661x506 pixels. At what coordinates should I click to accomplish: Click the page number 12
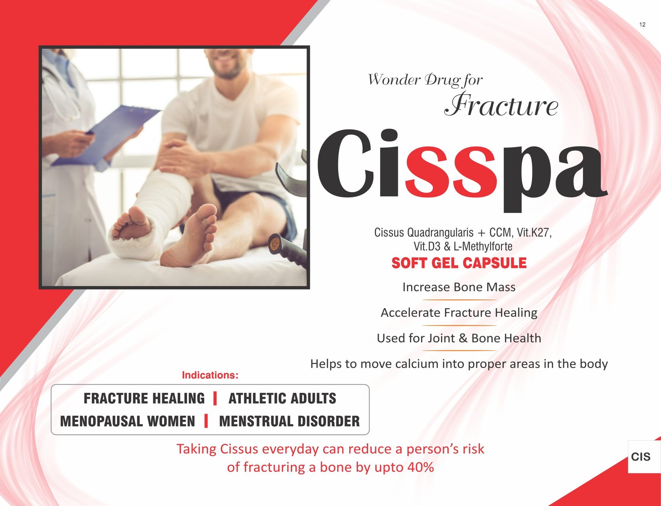pyautogui.click(x=642, y=25)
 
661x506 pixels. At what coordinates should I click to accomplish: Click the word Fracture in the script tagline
pyautogui.click(x=501, y=105)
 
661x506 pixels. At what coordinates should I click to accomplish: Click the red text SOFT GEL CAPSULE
pyautogui.click(x=459, y=263)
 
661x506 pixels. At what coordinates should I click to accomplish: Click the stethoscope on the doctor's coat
pyautogui.click(x=61, y=91)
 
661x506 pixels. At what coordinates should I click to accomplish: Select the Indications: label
pyautogui.click(x=210, y=375)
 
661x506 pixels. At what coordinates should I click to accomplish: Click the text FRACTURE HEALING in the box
pyautogui.click(x=144, y=398)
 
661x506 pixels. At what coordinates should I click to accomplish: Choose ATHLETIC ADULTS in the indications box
pyautogui.click(x=282, y=398)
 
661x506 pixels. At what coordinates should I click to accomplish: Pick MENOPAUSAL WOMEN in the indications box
pyautogui.click(x=128, y=421)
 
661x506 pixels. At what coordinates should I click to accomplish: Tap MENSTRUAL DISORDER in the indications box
pyautogui.click(x=289, y=421)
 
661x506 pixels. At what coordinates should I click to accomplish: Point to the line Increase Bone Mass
pyautogui.click(x=459, y=287)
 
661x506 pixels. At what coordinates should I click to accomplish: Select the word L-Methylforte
pyautogui.click(x=483, y=246)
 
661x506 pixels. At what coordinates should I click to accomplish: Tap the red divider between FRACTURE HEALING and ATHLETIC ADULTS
pyautogui.click(x=215, y=398)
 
